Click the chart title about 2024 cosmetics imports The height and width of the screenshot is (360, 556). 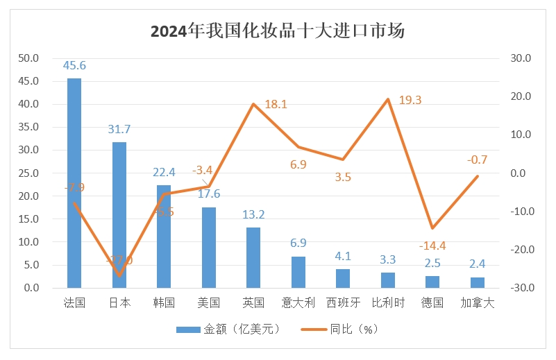[x=278, y=31]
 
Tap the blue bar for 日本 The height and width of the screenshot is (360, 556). [x=119, y=214]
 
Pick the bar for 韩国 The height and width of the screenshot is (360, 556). [x=164, y=236]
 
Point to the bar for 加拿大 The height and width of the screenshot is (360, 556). [x=478, y=282]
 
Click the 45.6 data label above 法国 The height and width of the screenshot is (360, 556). [x=74, y=66]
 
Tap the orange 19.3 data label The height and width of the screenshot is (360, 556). [x=410, y=100]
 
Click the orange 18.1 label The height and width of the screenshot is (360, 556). [x=276, y=105]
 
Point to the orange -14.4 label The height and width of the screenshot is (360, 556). [x=432, y=246]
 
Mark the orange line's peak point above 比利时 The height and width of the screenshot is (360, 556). [x=388, y=99]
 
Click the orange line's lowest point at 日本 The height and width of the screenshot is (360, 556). [x=119, y=276]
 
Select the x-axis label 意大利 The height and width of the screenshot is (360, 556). [x=298, y=303]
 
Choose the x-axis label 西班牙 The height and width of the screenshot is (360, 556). [x=343, y=303]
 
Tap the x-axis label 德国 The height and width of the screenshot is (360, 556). [x=432, y=303]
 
